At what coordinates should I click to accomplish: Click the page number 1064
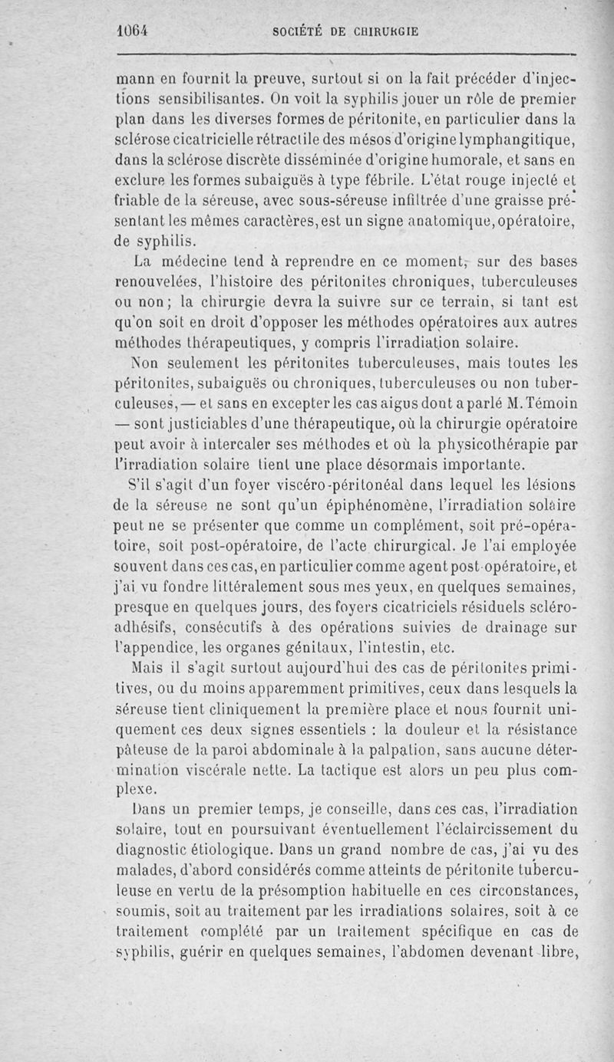(131, 32)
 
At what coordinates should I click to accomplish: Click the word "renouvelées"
(163, 283)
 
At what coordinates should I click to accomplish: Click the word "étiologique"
(223, 850)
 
